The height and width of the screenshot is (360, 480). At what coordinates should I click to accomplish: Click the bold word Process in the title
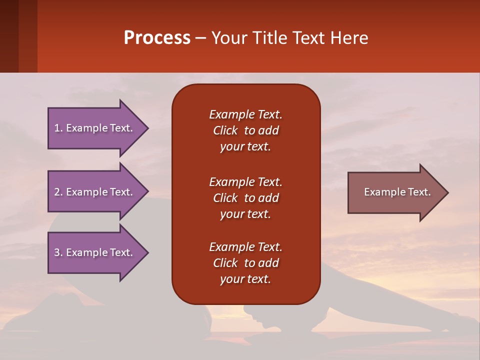[x=157, y=38]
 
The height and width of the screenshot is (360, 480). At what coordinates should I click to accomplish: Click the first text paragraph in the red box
[x=245, y=130]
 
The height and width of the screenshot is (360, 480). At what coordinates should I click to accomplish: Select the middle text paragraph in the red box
[x=245, y=198]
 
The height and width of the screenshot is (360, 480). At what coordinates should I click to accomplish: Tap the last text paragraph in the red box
[x=245, y=263]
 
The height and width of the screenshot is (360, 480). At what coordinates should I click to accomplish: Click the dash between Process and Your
[x=200, y=38]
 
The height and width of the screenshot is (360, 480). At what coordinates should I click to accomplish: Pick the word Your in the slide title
[x=228, y=38]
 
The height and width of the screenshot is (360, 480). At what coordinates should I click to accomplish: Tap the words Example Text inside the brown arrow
[x=397, y=192]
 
